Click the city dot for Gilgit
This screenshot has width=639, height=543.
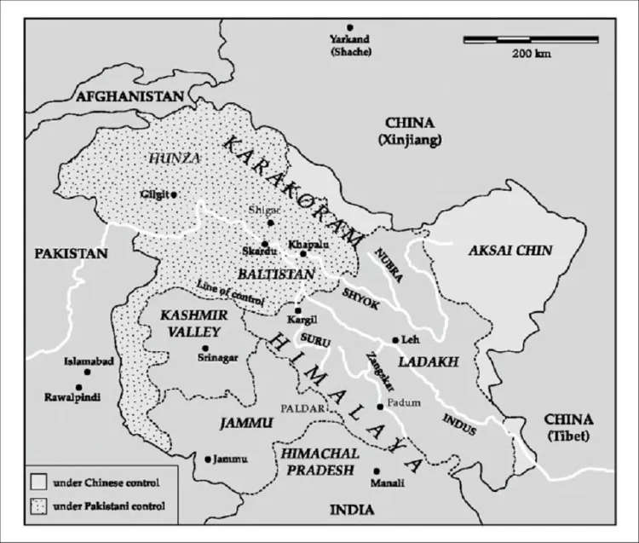(174, 195)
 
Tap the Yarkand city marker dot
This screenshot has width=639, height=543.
(349, 29)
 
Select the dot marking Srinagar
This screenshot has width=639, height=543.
(204, 348)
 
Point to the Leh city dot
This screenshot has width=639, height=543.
(394, 340)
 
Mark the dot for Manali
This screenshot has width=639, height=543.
(376, 471)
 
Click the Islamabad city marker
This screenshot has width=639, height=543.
(87, 373)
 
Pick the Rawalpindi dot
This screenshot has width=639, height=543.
(78, 387)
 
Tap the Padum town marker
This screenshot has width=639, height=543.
(380, 407)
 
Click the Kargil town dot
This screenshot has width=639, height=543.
(297, 310)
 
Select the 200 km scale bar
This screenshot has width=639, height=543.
(531, 39)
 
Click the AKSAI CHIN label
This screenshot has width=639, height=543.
(510, 251)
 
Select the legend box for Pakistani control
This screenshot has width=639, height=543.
(37, 507)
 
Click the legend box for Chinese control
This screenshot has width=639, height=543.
(37, 482)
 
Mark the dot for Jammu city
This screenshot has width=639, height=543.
(208, 459)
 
